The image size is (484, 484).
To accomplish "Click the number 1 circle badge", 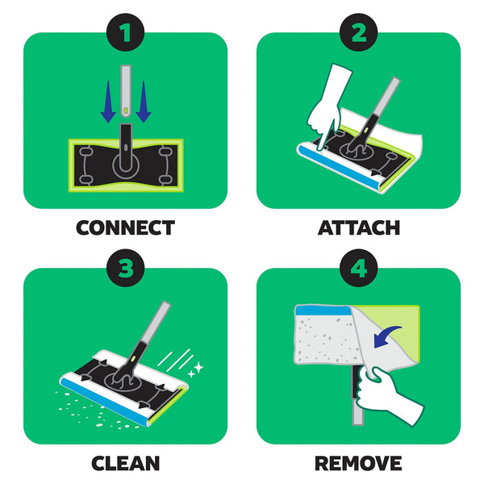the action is [125, 32].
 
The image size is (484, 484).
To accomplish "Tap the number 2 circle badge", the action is [358, 32].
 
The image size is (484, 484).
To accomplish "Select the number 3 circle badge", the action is [125, 268].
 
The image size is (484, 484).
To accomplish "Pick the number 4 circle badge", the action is [358, 268].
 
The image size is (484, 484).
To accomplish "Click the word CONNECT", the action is [125, 227].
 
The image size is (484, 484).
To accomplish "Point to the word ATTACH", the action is [359, 227].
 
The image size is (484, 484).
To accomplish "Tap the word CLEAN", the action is [125, 463].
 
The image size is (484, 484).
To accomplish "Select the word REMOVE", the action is [358, 463].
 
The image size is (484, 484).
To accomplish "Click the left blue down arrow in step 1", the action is [108, 102].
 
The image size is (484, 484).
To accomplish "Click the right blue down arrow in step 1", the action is [144, 102].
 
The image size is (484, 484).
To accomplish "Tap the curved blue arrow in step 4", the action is [386, 336].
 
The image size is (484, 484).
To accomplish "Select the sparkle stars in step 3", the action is [196, 369].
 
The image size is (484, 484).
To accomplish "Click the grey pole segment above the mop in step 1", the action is [126, 90].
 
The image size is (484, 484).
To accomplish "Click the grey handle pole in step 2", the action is [386, 97].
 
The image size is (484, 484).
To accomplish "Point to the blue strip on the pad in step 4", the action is [323, 311].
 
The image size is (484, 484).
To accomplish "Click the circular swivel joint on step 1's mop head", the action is [126, 165].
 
